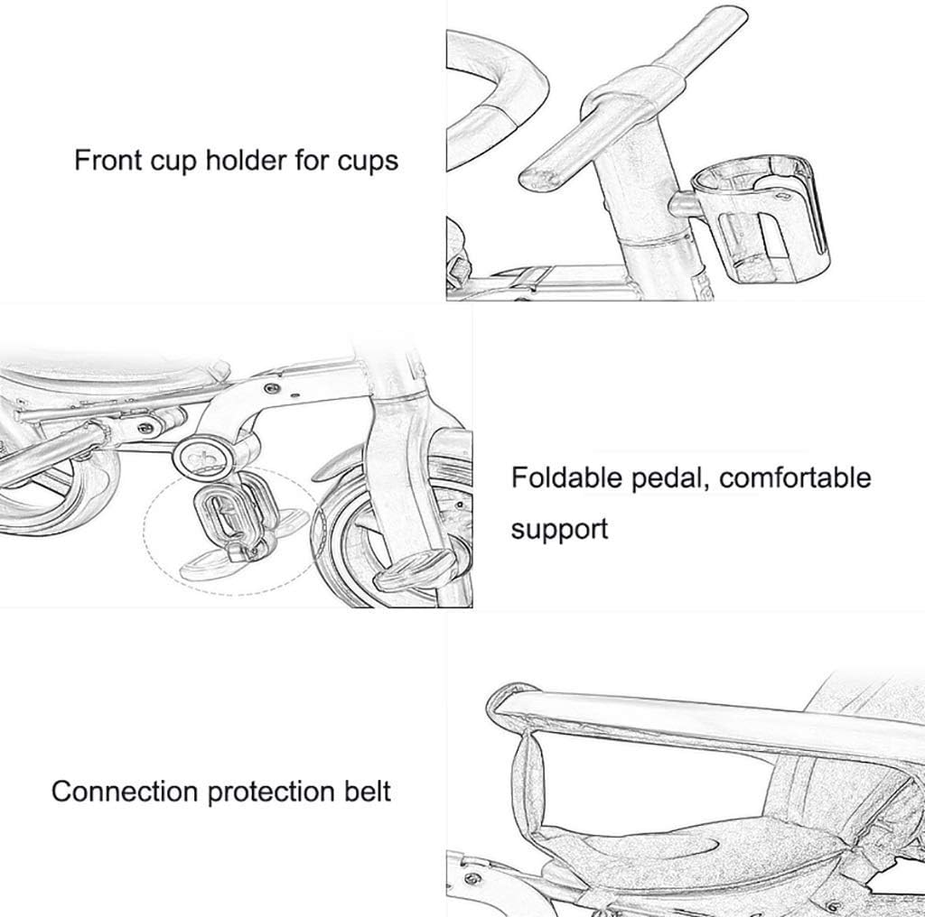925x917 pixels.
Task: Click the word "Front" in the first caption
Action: [108, 160]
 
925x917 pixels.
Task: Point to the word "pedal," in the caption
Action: [670, 478]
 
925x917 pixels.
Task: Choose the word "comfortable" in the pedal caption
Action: [795, 477]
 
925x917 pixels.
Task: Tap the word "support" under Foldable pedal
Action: [559, 529]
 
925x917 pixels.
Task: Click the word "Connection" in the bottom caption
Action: [125, 792]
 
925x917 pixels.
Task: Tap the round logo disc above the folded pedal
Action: [203, 458]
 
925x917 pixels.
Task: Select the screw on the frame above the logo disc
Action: [271, 389]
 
